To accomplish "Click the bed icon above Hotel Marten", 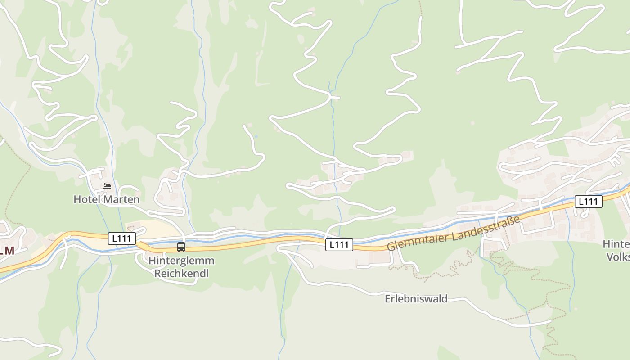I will tap(107, 186).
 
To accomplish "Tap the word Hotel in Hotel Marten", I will tap(86, 199).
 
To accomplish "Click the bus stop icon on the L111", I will tap(181, 247).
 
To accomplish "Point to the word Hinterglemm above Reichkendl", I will tap(181, 261).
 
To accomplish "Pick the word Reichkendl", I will tap(181, 273).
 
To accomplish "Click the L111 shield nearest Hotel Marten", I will tap(122, 238).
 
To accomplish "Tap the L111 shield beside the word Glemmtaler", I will tap(339, 245).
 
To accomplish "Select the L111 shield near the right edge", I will tap(588, 202).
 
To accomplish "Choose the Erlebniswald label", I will tap(416, 299).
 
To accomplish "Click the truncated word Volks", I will tap(618, 257).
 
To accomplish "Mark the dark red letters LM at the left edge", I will tap(6, 251).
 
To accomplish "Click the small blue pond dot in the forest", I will tap(256, 136).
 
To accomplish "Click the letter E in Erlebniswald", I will tap(388, 299).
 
